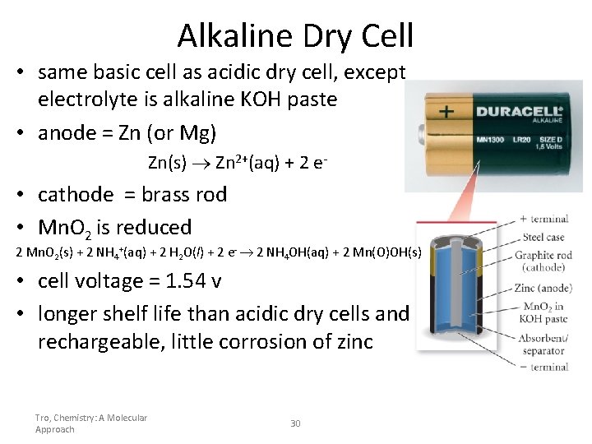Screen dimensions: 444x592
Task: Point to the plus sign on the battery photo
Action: tap(446, 111)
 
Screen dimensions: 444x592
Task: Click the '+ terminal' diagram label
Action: tap(543, 220)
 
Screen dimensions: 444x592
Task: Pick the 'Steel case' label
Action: tap(543, 238)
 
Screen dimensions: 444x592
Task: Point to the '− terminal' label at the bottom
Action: tap(543, 367)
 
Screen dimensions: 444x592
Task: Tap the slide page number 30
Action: tap(296, 423)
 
